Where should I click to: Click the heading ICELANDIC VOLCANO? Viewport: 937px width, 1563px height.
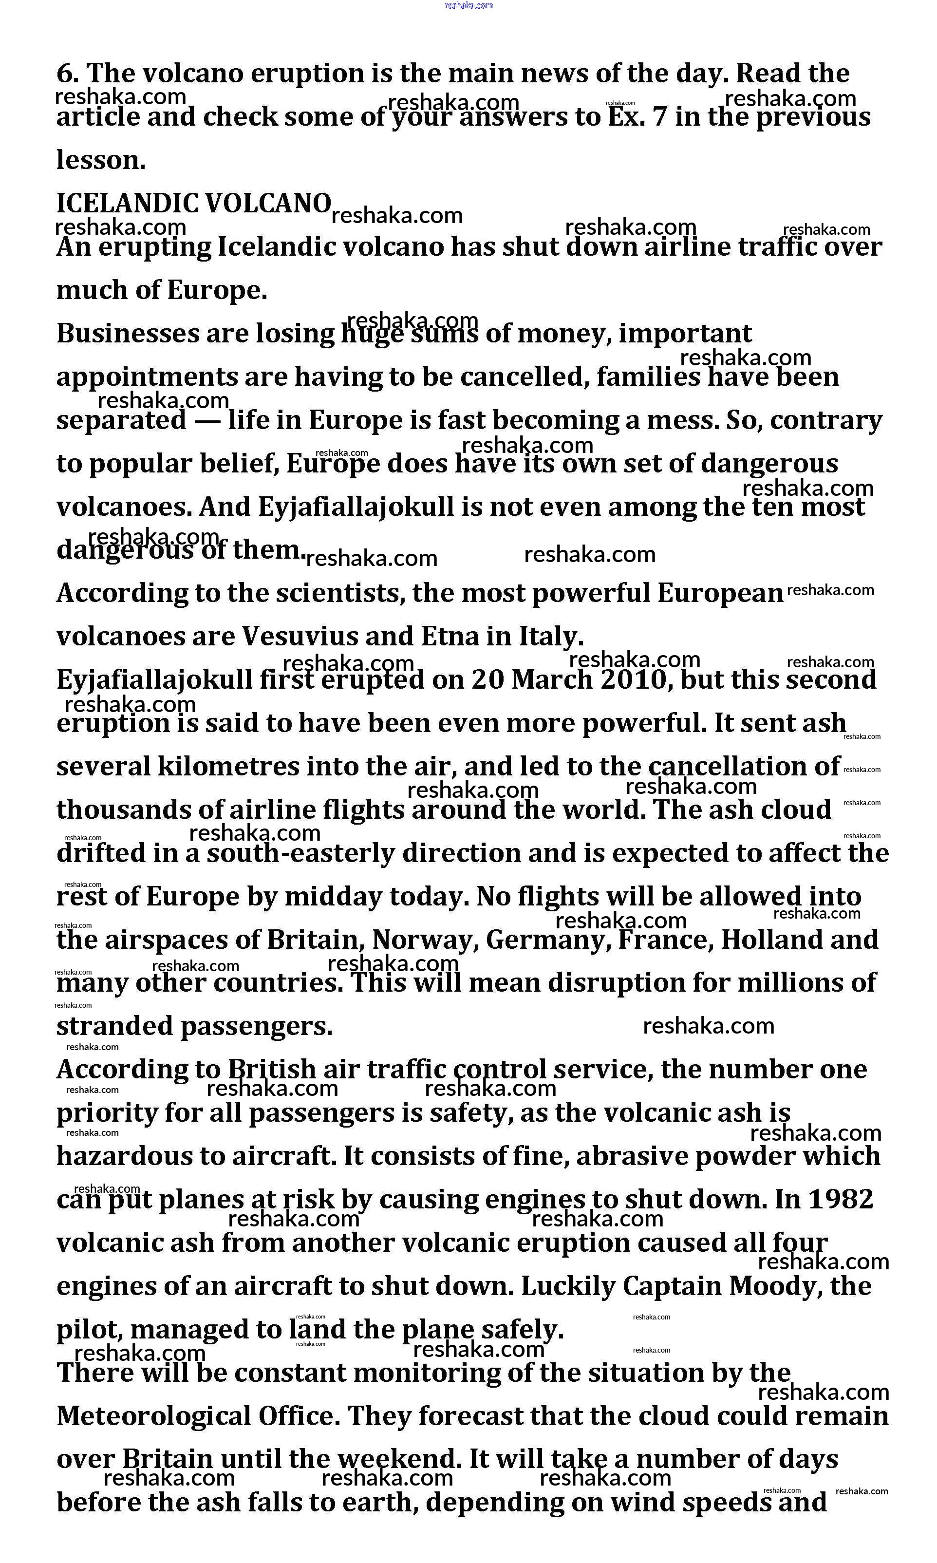(x=194, y=203)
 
